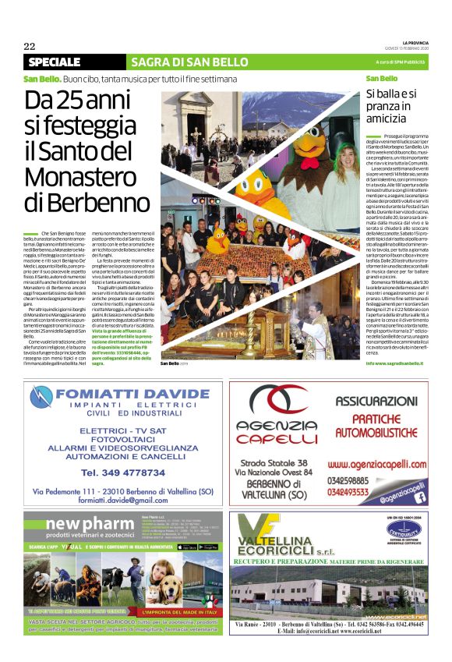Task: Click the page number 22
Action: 30,45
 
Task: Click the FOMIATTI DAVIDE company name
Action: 140,391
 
